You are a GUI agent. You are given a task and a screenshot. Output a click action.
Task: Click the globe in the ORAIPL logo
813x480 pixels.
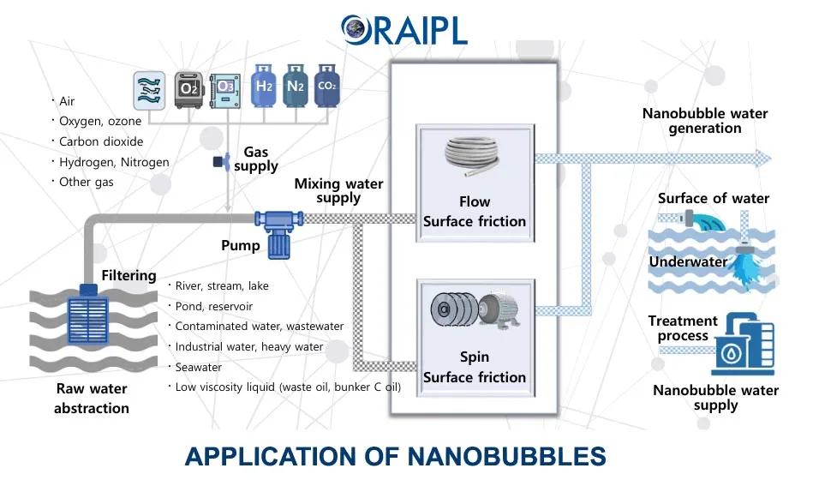coord(353,28)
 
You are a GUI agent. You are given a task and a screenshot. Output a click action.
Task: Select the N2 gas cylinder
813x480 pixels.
coord(295,87)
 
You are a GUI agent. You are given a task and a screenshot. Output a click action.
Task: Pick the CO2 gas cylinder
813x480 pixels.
coord(326,87)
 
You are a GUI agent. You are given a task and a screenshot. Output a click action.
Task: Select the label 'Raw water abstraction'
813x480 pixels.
coord(91,399)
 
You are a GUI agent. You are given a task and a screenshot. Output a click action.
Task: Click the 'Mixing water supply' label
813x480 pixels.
coord(338,190)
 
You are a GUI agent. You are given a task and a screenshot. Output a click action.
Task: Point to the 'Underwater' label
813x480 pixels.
coord(688,261)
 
